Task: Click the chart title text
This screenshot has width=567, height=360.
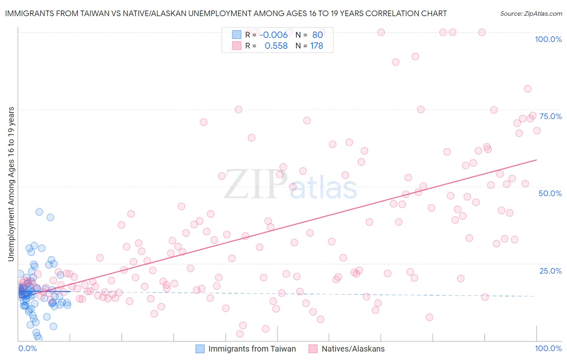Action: pyautogui.click(x=226, y=13)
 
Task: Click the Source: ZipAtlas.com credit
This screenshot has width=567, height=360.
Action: pyautogui.click(x=531, y=13)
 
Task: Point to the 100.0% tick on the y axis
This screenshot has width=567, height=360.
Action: pyautogui.click(x=548, y=39)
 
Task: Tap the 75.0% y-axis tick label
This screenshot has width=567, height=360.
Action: pyautogui.click(x=550, y=116)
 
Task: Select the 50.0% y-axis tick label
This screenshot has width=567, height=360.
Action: pyautogui.click(x=550, y=193)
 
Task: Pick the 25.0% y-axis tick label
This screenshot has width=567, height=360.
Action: pyautogui.click(x=550, y=271)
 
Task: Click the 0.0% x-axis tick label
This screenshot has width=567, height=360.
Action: pyautogui.click(x=27, y=348)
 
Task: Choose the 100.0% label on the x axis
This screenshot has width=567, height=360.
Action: pyautogui.click(x=548, y=348)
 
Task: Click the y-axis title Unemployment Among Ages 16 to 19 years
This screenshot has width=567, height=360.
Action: pyautogui.click(x=11, y=184)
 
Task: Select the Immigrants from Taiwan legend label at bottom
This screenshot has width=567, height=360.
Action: pyautogui.click(x=252, y=349)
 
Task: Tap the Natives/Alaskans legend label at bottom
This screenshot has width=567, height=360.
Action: pyautogui.click(x=353, y=349)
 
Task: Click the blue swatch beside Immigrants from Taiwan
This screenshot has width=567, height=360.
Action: pyautogui.click(x=200, y=349)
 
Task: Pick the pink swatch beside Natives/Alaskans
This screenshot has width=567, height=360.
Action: pyautogui.click(x=313, y=349)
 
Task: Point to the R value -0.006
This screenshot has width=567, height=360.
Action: pyautogui.click(x=273, y=35)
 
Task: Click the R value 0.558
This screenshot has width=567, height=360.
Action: pyautogui.click(x=276, y=46)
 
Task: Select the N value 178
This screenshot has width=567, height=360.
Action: pyautogui.click(x=317, y=46)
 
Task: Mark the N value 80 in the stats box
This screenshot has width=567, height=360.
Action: pyautogui.click(x=318, y=35)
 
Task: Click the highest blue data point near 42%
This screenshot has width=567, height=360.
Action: pyautogui.click(x=39, y=212)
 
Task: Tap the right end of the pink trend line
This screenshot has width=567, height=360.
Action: pyautogui.click(x=536, y=160)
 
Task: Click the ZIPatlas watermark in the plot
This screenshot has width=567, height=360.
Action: pyautogui.click(x=290, y=185)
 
